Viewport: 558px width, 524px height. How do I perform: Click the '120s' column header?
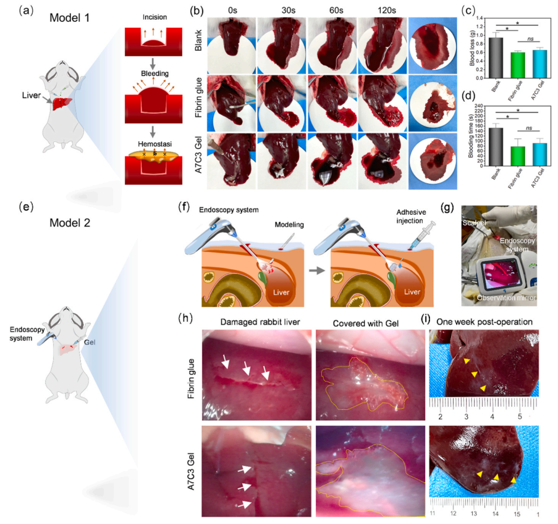click(x=379, y=10)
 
